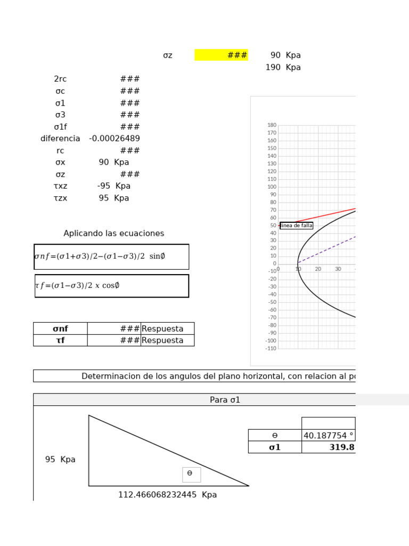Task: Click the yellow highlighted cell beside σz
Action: [221, 55]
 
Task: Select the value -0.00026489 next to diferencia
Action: [114, 139]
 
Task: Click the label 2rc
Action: [60, 79]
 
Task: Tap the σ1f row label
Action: [60, 127]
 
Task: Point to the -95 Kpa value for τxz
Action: [114, 186]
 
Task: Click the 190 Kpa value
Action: [283, 67]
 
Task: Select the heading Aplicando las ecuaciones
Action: [114, 234]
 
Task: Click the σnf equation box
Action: [111, 256]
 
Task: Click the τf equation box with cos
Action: [111, 286]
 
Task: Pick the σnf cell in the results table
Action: [60, 328]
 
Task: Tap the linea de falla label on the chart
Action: [297, 226]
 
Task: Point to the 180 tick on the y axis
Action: [272, 125]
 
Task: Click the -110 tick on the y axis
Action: [271, 348]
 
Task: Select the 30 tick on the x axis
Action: [338, 269]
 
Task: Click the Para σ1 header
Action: [225, 400]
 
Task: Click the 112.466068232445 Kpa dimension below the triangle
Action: [167, 495]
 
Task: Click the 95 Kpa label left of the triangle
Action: [60, 460]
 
